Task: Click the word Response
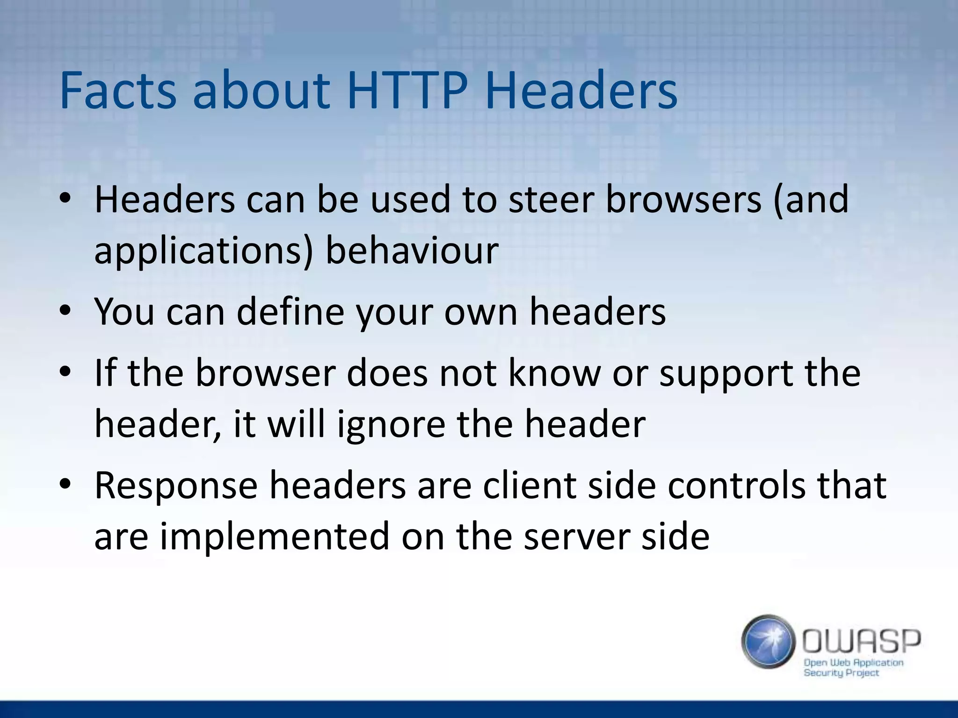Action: (176, 486)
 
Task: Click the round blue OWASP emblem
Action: (768, 641)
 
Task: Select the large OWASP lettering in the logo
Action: (861, 641)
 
